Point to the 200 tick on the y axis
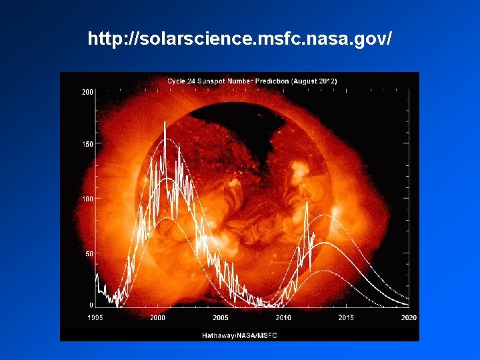pos(87,92)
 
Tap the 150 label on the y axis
pos(87,144)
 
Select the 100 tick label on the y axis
pos(87,199)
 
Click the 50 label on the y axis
pos(89,253)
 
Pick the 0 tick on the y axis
pos(91,305)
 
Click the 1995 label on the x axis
pos(95,318)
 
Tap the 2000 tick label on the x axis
pos(157,318)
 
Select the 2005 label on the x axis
pos(221,318)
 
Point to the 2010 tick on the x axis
pos(283,318)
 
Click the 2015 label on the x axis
pos(346,318)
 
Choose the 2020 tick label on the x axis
pos(409,318)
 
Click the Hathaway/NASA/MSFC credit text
pos(239,335)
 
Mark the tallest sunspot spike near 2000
pos(165,123)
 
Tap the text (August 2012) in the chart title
pos(314,81)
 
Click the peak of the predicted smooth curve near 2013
pos(324,243)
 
